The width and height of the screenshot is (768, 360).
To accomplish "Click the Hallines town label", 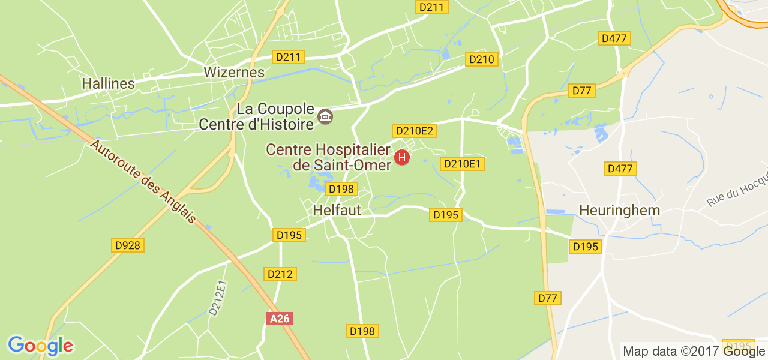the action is tap(108, 83).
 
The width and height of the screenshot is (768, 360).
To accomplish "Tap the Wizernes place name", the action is tap(234, 72).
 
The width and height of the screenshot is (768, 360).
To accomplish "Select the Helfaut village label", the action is tap(337, 210).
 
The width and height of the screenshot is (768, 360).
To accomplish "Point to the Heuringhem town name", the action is tap(620, 211).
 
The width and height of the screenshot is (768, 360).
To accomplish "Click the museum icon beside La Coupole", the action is tap(325, 116).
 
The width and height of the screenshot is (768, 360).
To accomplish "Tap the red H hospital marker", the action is tap(402, 158).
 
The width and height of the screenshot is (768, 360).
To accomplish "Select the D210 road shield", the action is tap(482, 59).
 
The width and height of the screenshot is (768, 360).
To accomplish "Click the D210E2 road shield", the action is tap(413, 131).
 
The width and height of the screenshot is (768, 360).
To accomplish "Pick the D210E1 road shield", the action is tap(463, 164).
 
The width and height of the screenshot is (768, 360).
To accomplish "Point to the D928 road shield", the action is tap(128, 245).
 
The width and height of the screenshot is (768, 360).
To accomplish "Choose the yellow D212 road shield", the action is tap(280, 274).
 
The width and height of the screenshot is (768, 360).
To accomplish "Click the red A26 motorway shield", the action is tap(280, 319).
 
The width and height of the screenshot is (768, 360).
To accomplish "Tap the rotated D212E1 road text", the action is tap(219, 298).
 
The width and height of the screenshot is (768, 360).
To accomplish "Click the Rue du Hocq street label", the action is tap(737, 190).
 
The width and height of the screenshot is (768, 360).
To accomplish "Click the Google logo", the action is tap(40, 346).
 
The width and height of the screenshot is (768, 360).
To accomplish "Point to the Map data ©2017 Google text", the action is tap(694, 351).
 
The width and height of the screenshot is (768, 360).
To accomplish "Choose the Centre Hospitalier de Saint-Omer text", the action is tap(328, 157).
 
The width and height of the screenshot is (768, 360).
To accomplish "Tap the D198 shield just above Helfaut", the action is tap(341, 190).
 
